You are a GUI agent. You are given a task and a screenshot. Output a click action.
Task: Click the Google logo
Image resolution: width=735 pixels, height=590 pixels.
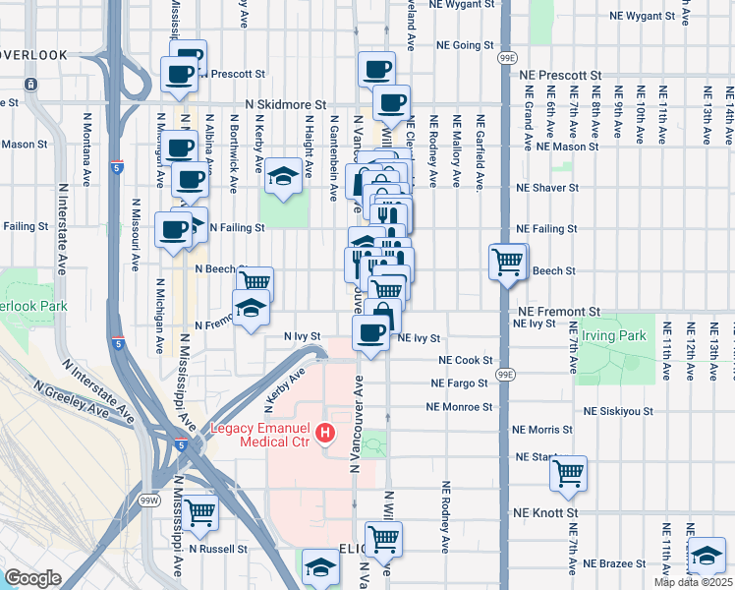click(32, 578)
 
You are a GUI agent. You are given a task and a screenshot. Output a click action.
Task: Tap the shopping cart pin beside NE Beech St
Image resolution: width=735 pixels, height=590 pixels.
click(508, 263)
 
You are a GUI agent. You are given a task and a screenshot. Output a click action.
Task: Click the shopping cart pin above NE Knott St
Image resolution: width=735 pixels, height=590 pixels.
click(569, 474)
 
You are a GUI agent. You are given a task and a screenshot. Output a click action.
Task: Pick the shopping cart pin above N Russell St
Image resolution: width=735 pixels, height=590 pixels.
click(199, 511)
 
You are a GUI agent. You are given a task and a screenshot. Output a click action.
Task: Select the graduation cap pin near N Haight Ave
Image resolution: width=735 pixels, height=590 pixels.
click(284, 177)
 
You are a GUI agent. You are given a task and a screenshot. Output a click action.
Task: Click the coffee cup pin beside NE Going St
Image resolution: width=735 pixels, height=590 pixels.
click(376, 70)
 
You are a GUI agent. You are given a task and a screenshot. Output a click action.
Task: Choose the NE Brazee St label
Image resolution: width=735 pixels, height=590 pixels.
click(614, 563)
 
